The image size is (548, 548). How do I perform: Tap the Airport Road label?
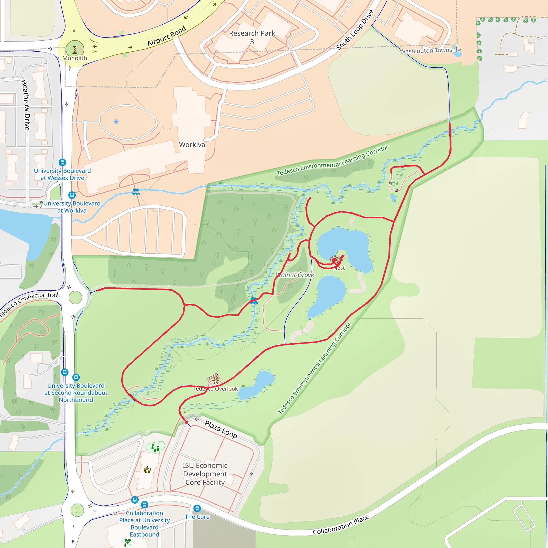(x=166, y=36)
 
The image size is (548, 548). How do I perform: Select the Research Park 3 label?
(x=252, y=37)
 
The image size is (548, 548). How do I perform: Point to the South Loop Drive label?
(x=355, y=29)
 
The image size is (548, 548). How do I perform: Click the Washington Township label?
(x=430, y=51)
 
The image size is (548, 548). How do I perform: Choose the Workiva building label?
(x=192, y=145)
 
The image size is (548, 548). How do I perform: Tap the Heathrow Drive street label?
(x=26, y=105)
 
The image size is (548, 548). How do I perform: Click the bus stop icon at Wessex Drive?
(x=62, y=162)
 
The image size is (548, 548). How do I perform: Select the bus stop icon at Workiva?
(x=72, y=195)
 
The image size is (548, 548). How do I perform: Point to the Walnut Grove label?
(x=295, y=275)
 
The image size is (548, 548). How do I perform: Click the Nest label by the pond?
(x=339, y=268)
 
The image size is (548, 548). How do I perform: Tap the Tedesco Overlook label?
(x=216, y=389)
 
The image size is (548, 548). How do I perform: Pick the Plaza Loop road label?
(x=221, y=429)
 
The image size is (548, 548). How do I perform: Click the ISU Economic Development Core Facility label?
(x=205, y=474)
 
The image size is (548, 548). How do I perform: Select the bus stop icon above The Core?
(x=197, y=508)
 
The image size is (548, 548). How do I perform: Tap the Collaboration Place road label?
(x=341, y=525)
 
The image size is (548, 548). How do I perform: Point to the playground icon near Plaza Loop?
(x=155, y=447)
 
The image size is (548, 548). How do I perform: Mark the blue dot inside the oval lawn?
(x=116, y=122)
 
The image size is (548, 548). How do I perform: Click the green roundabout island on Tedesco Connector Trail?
(x=75, y=298)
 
